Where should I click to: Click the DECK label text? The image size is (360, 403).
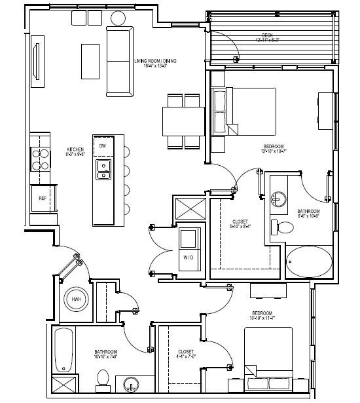point(267,35)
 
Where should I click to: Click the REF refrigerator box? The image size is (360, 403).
point(43,197)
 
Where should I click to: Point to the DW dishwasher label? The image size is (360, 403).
point(103,146)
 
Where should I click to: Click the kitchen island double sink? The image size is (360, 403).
point(103,170)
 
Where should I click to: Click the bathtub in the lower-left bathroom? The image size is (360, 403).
point(63,349)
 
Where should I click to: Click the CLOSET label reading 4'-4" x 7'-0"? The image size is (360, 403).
point(185,354)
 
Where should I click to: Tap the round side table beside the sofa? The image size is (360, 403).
point(119,18)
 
